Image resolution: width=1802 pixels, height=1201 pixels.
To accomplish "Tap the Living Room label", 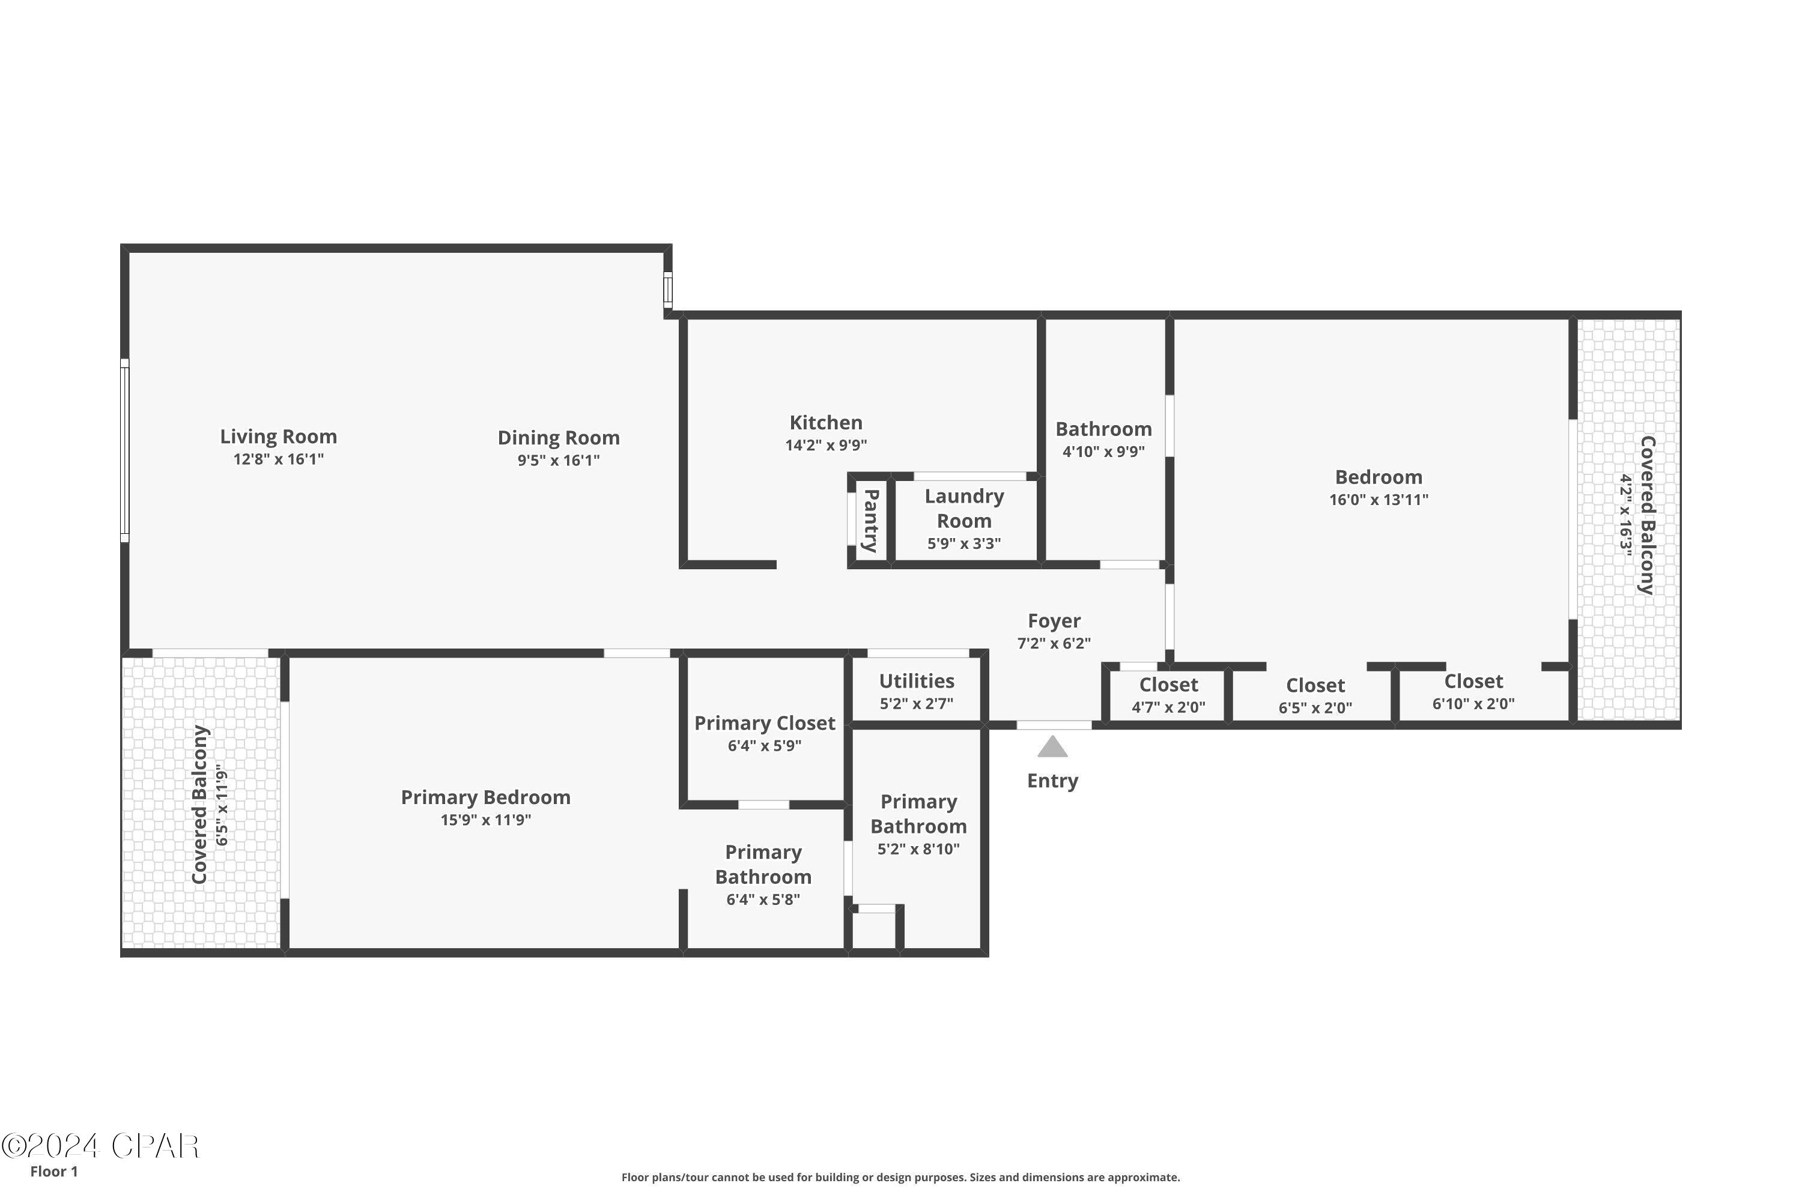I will click(278, 437).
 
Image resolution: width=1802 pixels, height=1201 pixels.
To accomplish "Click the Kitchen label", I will click(826, 423).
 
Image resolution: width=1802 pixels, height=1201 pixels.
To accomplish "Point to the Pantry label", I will click(871, 521).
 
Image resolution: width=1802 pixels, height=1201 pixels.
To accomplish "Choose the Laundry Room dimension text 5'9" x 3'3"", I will click(964, 544).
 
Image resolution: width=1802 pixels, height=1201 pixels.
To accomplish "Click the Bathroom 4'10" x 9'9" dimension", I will click(1103, 451).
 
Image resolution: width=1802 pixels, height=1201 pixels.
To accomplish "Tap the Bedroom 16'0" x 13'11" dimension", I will click(1379, 500).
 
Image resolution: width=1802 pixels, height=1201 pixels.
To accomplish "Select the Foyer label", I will click(1054, 620).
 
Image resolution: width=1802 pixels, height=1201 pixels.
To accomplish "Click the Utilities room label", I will click(917, 681).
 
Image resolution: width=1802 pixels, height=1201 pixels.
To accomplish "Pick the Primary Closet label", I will click(765, 723).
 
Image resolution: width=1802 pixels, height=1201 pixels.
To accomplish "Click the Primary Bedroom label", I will click(486, 797).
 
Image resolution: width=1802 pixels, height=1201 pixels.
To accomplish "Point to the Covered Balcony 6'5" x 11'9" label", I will click(200, 804).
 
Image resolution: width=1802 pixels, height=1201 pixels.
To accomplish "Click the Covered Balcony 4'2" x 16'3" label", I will click(1646, 515).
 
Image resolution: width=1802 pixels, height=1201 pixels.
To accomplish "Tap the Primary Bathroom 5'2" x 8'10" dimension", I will click(918, 849).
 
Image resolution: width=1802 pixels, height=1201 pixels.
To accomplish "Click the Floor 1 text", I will click(53, 1171).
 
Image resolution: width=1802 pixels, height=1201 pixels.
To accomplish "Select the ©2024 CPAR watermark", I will click(100, 1146).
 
